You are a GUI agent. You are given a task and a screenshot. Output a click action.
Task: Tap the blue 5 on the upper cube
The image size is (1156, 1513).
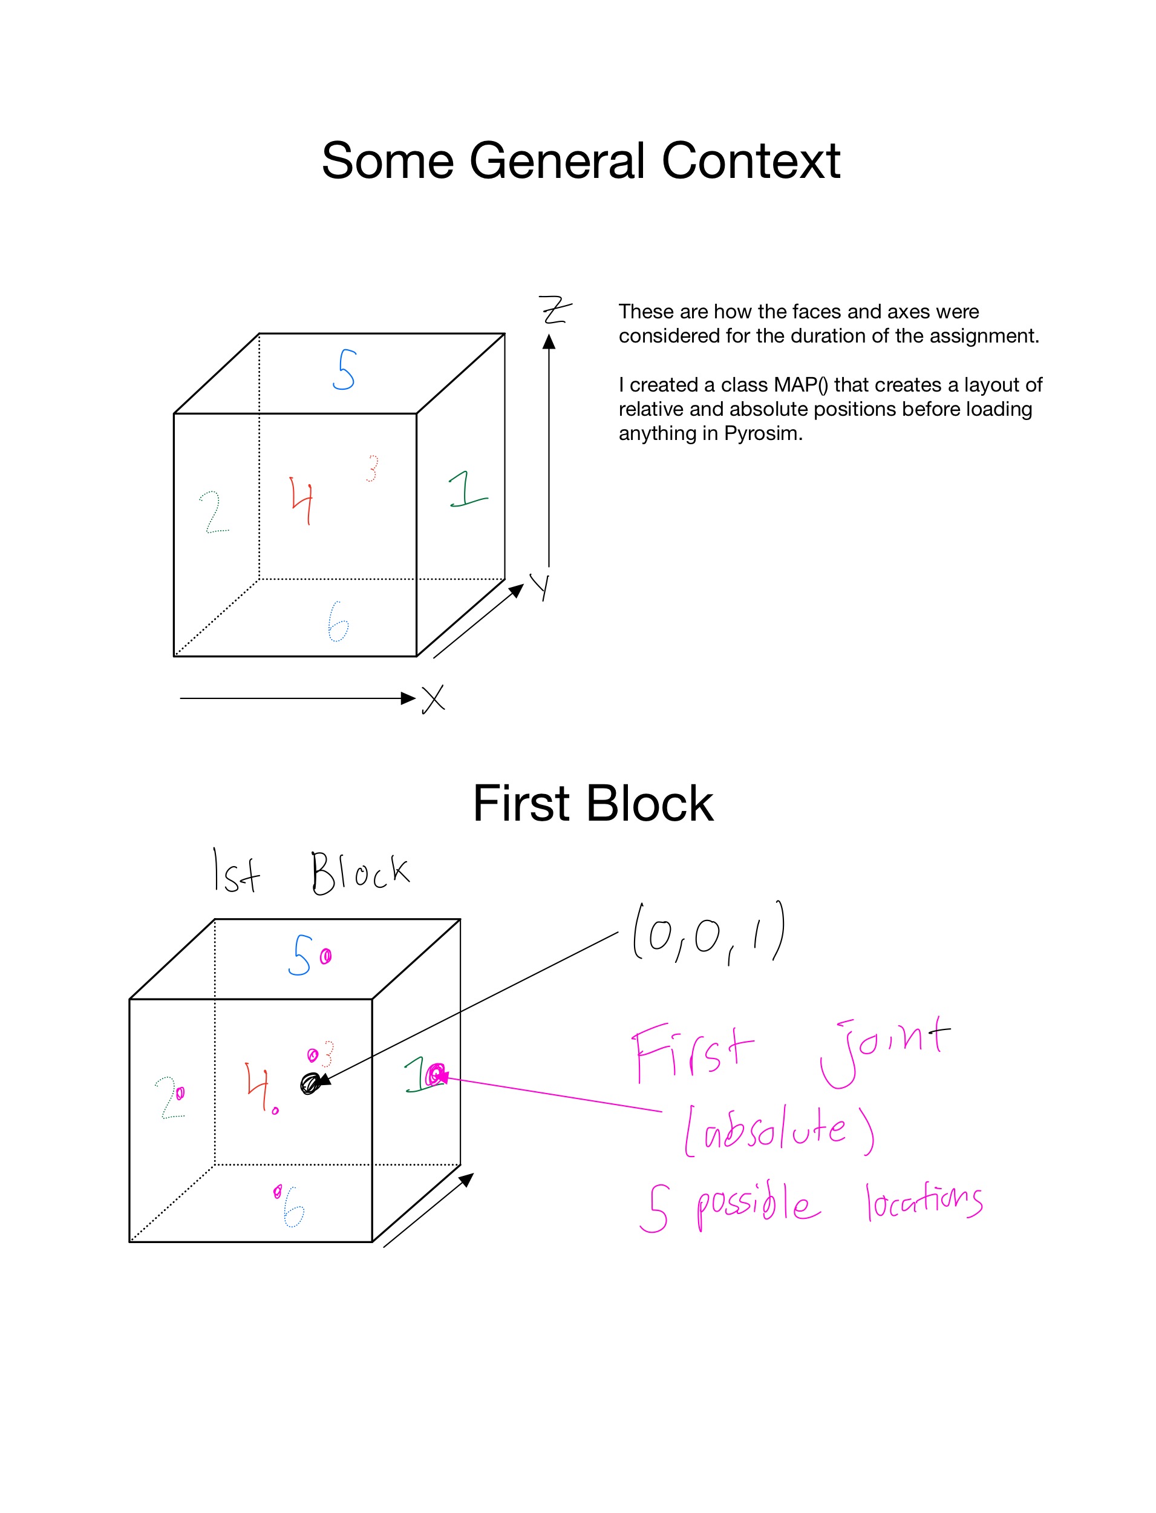tap(345, 370)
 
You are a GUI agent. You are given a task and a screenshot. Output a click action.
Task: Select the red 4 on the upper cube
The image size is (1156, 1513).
tap(302, 501)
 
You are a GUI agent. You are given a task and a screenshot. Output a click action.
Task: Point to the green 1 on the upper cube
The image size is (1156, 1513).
tap(467, 490)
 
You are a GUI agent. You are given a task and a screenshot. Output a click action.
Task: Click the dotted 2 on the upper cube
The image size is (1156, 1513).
tap(214, 512)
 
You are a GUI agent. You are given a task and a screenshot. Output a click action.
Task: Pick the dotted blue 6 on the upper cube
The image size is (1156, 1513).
tap(338, 622)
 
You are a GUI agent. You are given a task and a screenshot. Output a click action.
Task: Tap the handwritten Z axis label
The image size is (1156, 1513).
tap(555, 310)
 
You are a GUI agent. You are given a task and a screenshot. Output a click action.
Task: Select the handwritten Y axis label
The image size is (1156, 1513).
tap(541, 586)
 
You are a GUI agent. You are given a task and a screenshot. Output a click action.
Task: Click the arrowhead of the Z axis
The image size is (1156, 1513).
tap(549, 342)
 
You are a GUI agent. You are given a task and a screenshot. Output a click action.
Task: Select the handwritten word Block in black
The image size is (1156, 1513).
tap(360, 873)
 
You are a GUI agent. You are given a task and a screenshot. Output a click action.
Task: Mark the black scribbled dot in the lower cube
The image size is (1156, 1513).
tap(310, 1083)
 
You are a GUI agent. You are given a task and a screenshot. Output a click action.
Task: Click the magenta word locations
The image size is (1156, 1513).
tap(924, 1201)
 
